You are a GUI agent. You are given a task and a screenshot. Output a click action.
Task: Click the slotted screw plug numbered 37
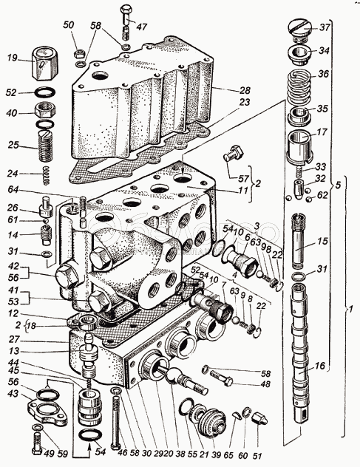(299, 30)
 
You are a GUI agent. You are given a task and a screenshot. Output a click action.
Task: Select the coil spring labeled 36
(300, 84)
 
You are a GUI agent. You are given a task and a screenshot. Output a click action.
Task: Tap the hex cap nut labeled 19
(44, 63)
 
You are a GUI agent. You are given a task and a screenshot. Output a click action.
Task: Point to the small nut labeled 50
(79, 54)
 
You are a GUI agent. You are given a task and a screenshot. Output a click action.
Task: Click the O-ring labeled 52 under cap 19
(44, 92)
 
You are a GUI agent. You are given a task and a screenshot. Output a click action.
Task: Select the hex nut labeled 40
(44, 111)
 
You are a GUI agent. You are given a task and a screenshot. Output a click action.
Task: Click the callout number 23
(245, 103)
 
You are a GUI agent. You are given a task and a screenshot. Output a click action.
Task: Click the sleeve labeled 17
(299, 148)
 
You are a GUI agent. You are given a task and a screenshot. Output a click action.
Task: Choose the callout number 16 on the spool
(319, 366)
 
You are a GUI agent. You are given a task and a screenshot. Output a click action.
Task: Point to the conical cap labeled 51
(259, 418)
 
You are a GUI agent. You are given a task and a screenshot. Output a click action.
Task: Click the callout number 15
(322, 241)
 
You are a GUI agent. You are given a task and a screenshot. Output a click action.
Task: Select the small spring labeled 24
(46, 175)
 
